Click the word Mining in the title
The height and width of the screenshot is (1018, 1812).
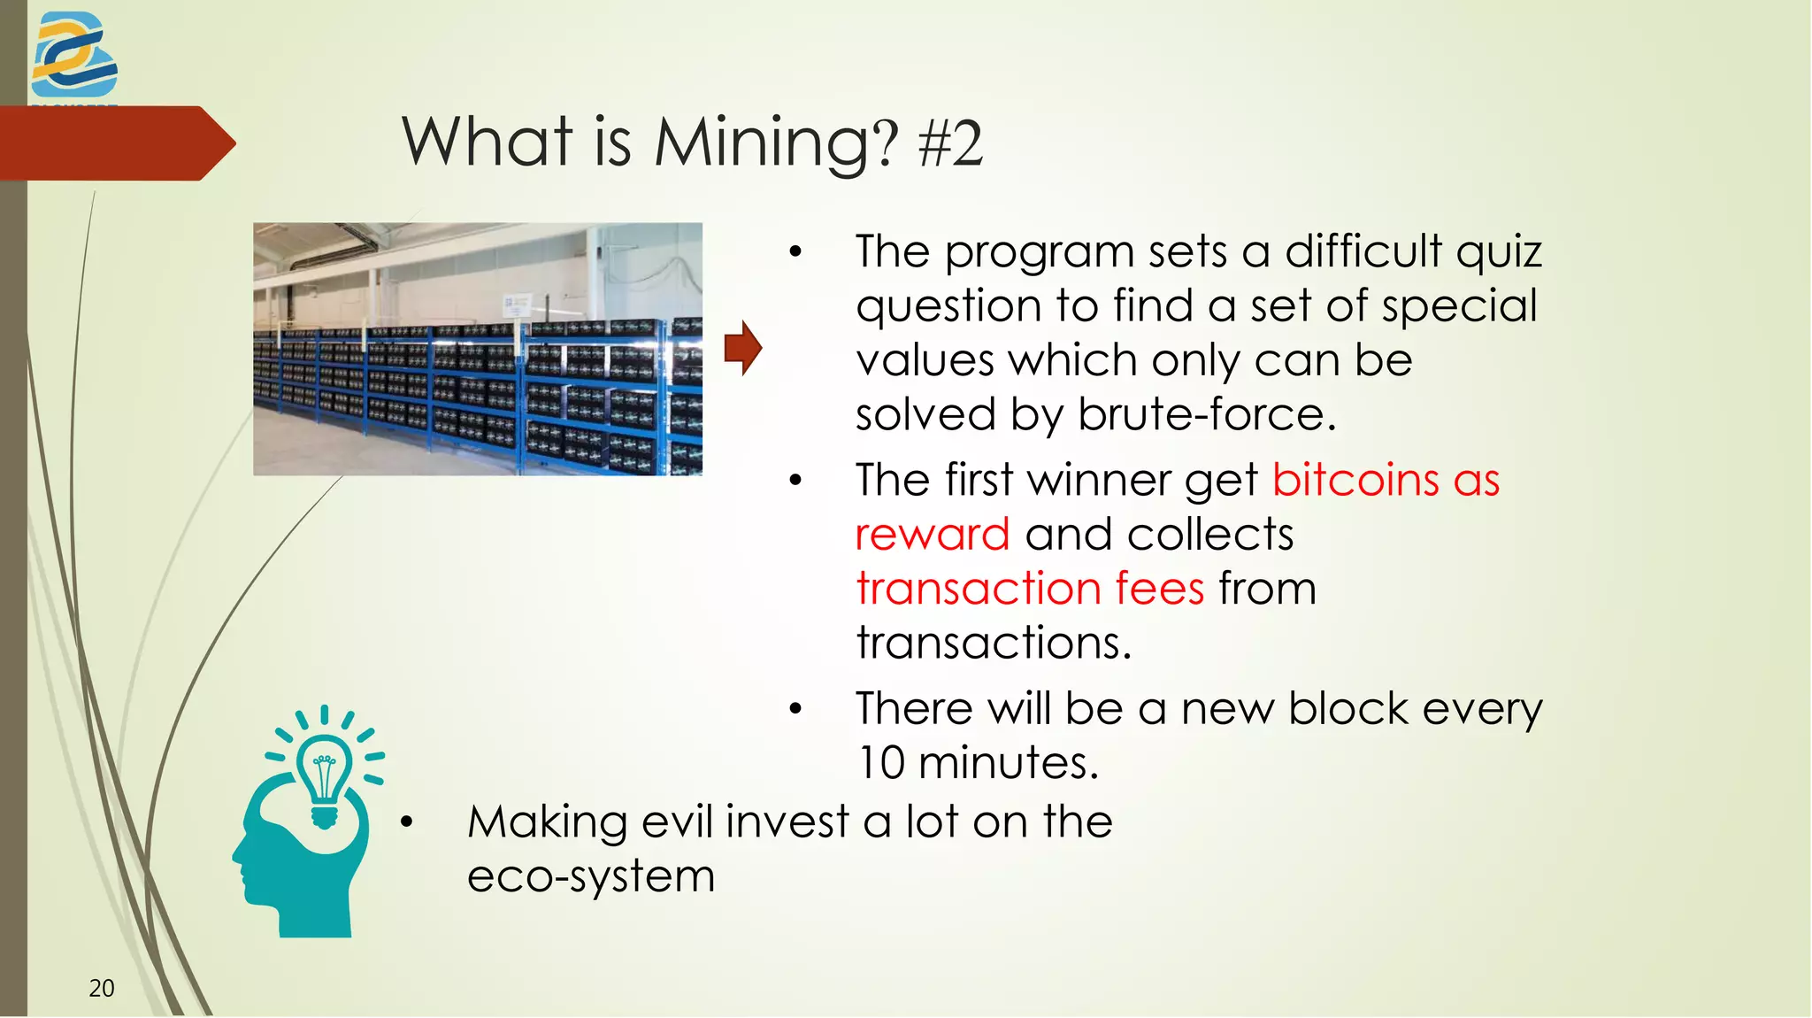pos(763,143)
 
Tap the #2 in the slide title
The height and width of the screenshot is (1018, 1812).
pos(950,143)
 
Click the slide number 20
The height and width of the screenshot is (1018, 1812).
pos(102,988)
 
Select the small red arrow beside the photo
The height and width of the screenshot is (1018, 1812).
pos(742,348)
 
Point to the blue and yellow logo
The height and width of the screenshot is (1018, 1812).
pos(73,56)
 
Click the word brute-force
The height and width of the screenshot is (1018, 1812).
pos(1206,414)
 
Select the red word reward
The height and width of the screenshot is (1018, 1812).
pos(933,535)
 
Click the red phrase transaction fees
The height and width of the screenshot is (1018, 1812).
pos(1030,589)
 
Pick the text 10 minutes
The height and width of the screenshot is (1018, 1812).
pos(978,763)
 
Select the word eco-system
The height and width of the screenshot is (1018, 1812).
pos(590,876)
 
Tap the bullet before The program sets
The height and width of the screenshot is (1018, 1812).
pos(795,252)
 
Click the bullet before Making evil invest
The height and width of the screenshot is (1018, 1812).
pos(406,822)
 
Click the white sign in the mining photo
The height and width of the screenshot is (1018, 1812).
pos(515,304)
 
